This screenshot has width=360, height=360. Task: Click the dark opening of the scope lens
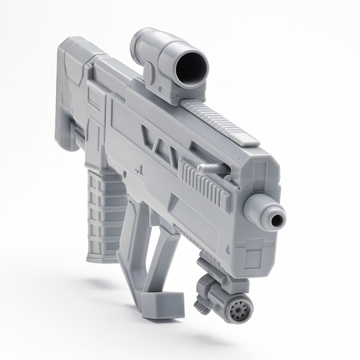pyautogui.click(x=190, y=66)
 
